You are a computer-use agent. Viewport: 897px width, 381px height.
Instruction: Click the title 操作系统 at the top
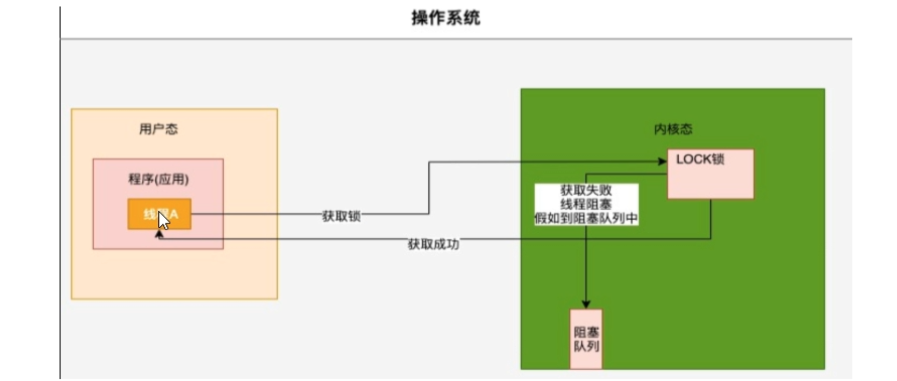446,18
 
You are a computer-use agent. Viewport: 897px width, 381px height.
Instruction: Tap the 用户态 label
158,129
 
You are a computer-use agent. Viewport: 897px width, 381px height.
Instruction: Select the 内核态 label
673,129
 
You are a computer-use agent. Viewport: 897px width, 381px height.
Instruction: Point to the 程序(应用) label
158,179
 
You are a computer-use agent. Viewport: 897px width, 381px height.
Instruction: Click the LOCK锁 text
700,159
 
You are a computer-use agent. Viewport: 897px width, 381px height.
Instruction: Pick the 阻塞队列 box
586,339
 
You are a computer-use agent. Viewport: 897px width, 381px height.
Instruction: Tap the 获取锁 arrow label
341,216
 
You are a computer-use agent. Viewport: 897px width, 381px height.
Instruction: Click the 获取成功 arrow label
433,245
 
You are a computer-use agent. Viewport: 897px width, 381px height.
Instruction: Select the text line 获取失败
586,190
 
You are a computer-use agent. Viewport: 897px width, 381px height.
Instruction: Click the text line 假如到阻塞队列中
586,218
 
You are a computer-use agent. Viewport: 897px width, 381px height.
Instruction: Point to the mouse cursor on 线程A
163,219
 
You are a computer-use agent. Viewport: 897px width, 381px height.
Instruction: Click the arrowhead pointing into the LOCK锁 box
663,161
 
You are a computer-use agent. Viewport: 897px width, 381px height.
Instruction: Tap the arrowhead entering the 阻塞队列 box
586,304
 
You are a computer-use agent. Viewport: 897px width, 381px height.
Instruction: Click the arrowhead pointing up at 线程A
159,234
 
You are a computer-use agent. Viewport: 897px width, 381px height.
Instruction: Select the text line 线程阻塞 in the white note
586,204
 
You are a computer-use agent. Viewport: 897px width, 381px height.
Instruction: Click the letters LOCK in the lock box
693,159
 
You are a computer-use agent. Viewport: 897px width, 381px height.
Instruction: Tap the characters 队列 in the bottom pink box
586,346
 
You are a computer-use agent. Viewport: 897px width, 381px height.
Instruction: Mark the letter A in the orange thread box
174,215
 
